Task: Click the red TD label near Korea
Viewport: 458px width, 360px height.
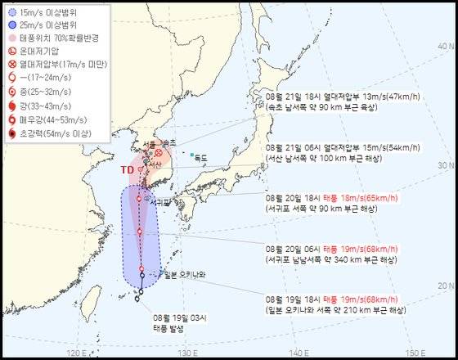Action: click(x=127, y=170)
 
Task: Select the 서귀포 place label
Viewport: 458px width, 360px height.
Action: click(x=161, y=200)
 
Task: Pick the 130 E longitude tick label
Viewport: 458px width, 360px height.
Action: click(x=187, y=353)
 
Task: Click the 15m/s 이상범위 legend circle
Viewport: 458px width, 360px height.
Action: click(x=11, y=12)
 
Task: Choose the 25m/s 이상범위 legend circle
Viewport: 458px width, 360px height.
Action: click(x=11, y=25)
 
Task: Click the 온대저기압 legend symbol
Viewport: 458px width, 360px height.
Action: click(x=11, y=51)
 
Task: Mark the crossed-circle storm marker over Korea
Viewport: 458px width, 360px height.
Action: click(x=157, y=152)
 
